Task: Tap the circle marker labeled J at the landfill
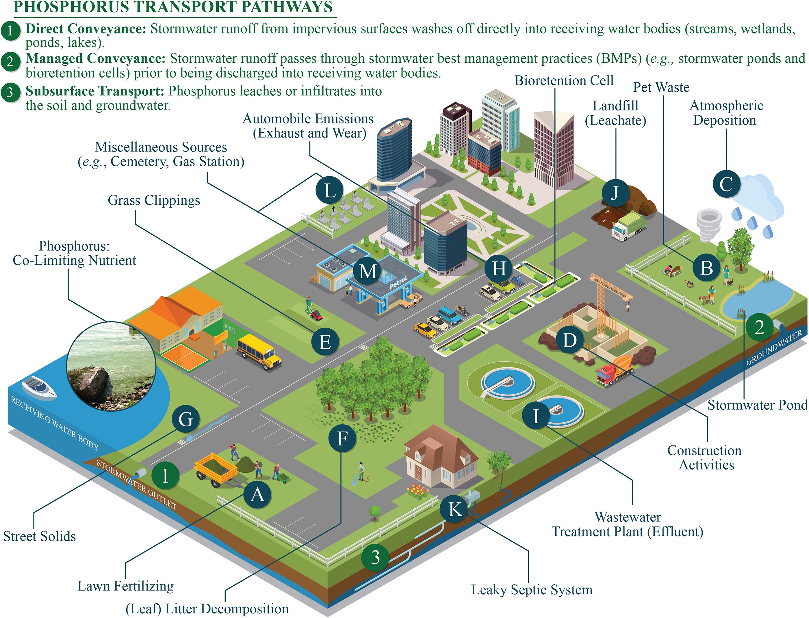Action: (615, 193)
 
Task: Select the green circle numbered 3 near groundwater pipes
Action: (375, 557)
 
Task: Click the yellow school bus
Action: (259, 351)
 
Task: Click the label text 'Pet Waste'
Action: (661, 88)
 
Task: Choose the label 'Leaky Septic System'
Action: (531, 590)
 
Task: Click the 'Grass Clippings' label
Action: (154, 201)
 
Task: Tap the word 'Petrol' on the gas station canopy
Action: (398, 282)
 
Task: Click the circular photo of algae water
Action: (111, 366)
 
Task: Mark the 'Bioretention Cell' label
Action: (563, 81)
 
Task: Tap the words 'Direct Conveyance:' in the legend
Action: (86, 29)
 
